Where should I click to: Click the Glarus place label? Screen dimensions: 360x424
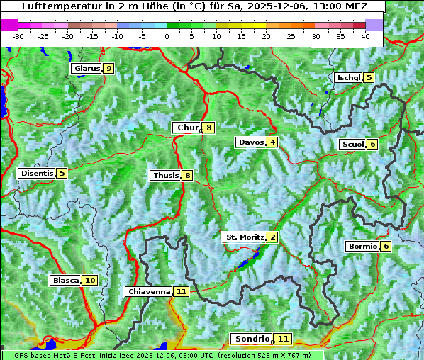pos(86,69)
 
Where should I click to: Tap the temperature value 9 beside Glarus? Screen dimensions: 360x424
pos(108,69)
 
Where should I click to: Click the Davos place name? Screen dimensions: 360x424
pos(250,142)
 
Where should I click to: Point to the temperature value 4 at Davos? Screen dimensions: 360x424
pos(272,142)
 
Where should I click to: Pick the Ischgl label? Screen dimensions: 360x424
pos(348,78)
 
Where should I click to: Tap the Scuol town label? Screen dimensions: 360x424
pos(352,145)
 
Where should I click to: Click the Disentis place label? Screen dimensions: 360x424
pos(37,174)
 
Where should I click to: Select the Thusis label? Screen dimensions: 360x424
pos(165,176)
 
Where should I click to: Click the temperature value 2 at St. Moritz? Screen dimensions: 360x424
pos(272,237)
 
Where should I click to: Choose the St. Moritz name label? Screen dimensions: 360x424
pos(244,237)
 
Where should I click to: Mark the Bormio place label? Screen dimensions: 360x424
pos(362,247)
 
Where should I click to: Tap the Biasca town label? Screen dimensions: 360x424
pos(65,281)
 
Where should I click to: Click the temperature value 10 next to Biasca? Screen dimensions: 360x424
pos(89,281)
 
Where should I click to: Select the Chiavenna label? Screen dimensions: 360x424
pos(148,292)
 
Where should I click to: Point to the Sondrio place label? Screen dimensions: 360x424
pos(252,339)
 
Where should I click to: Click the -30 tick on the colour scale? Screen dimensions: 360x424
pos(18,36)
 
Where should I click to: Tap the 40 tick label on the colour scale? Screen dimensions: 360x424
pos(365,36)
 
